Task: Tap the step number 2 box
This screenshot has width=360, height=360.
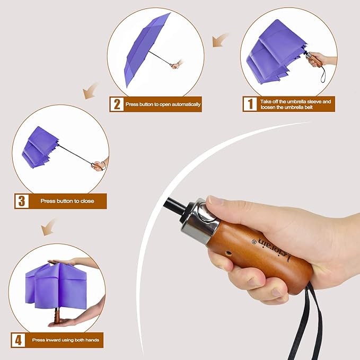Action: [x=116, y=104]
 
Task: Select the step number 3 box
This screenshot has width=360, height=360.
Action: [x=21, y=201]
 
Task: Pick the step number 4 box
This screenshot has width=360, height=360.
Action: [x=19, y=339]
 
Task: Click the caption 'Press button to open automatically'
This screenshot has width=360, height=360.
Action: [x=163, y=104]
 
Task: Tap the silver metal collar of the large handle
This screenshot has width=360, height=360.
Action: [x=204, y=218]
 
